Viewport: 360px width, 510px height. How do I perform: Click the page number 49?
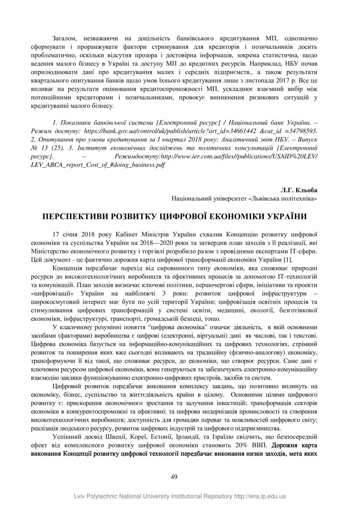point(174,477)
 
